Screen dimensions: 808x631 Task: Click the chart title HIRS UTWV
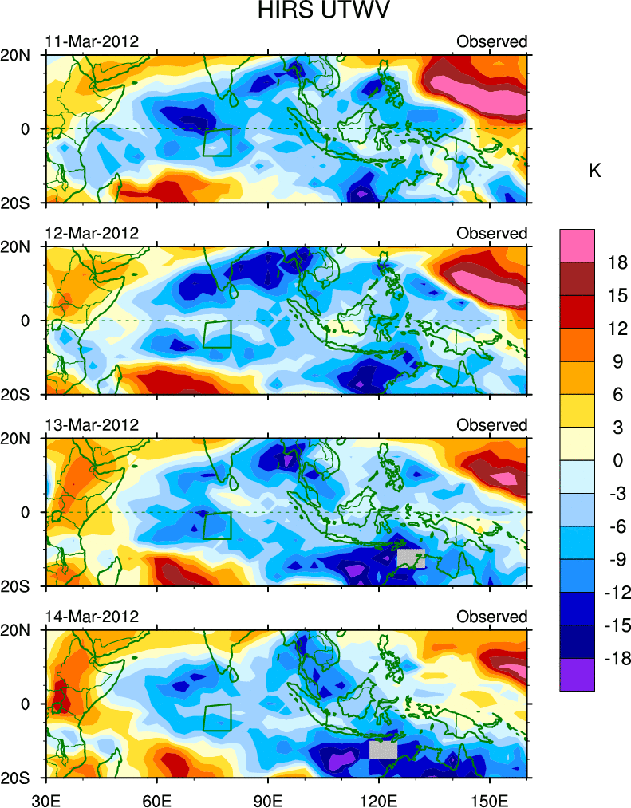(315, 12)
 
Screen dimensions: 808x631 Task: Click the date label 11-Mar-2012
(92, 41)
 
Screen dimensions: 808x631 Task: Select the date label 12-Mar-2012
(92, 233)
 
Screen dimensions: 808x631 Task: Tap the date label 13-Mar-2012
(92, 424)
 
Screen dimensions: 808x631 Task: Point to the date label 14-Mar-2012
(92, 617)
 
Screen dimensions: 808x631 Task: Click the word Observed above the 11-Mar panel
(491, 41)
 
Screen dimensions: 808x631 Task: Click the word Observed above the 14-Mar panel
(491, 617)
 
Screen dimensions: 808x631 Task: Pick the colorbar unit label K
(594, 171)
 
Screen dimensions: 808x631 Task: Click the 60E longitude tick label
(157, 797)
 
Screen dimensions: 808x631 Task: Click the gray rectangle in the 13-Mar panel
(411, 558)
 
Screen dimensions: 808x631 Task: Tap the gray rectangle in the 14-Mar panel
(383, 750)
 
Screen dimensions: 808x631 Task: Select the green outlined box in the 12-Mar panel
(217, 334)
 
